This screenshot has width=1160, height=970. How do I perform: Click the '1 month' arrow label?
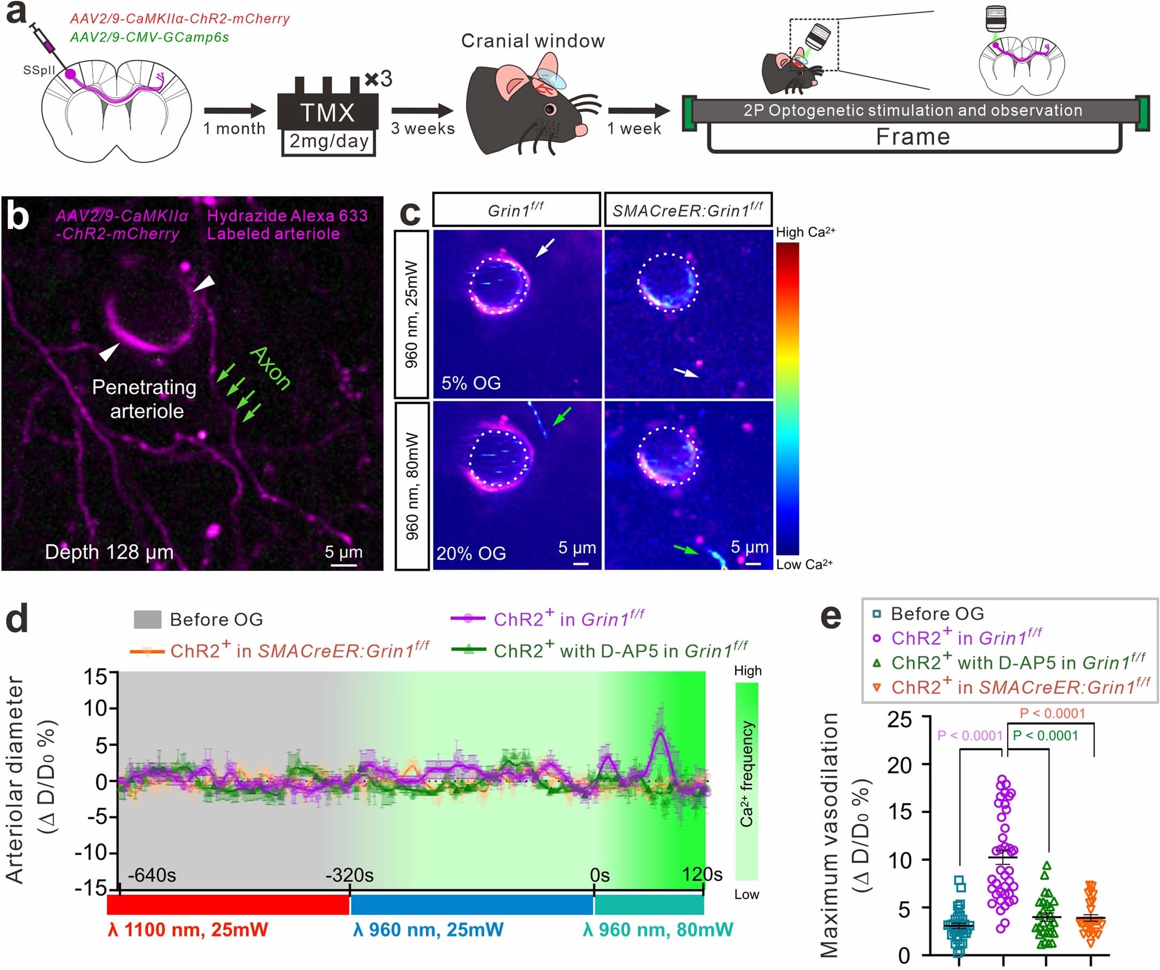click(x=234, y=129)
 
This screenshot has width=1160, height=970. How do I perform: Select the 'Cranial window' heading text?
click(x=532, y=41)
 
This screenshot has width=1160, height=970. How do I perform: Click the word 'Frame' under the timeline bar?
click(x=912, y=137)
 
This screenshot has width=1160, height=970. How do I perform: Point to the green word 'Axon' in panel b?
click(x=270, y=369)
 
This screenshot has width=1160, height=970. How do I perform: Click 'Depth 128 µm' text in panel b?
click(x=109, y=552)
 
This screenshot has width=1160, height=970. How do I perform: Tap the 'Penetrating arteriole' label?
click(x=144, y=399)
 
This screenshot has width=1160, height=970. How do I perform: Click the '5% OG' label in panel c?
click(x=471, y=383)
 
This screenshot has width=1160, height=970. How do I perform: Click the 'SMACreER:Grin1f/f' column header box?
click(x=688, y=210)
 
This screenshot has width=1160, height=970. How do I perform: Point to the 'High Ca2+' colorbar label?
click(x=805, y=232)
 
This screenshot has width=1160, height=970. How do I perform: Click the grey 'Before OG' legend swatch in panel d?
click(x=148, y=620)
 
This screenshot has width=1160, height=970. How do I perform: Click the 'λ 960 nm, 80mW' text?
click(x=658, y=930)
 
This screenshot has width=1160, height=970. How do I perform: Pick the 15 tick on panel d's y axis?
click(x=97, y=676)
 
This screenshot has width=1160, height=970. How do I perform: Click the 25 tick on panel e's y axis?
click(x=899, y=720)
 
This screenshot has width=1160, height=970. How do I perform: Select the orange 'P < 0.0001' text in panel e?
click(x=1052, y=713)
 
